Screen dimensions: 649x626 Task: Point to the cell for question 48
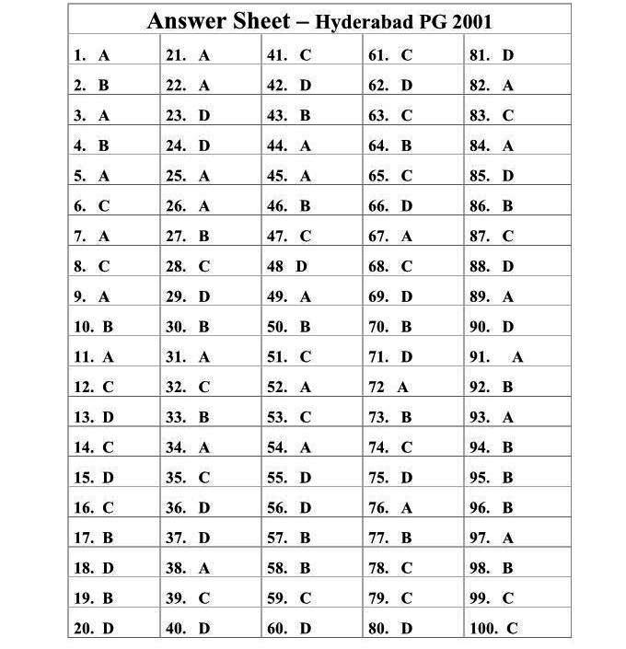click(x=312, y=266)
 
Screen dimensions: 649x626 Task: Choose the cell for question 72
click(x=413, y=388)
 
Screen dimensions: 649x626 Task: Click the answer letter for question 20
click(x=109, y=629)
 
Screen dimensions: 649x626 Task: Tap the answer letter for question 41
click(x=306, y=55)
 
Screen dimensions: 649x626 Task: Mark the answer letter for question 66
click(x=407, y=206)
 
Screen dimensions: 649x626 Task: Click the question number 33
click(x=176, y=417)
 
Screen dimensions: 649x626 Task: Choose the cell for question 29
click(x=211, y=296)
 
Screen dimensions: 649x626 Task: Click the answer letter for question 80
click(x=407, y=629)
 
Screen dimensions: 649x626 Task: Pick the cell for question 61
click(x=413, y=55)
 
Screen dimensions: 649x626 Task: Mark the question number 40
click(x=176, y=629)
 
